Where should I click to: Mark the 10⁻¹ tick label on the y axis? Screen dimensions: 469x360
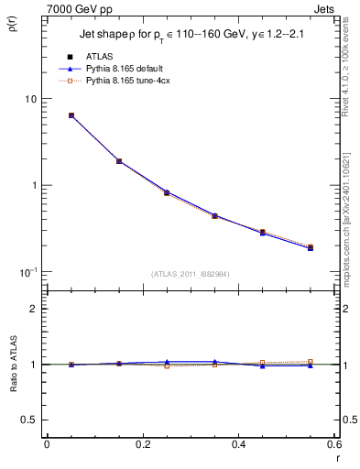coord(27,271)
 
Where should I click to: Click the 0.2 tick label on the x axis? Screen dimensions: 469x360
coord(143,445)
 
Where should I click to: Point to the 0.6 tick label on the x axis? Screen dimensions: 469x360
coord(334,445)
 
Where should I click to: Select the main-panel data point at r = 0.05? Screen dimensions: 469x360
coord(71,115)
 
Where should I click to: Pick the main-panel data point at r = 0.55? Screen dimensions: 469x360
coord(310,247)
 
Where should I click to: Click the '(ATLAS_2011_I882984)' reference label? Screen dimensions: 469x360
coord(190,275)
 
